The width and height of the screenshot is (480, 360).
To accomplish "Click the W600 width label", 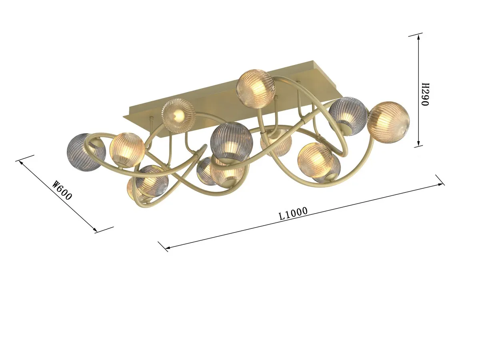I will pos(62,190).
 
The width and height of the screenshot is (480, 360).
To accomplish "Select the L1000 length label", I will pos(293,213).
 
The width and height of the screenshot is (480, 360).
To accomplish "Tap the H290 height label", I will pos(425,94).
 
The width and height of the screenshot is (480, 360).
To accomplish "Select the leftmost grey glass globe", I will pos(86,152).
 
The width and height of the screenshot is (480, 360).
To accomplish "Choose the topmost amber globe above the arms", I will pos(256,88).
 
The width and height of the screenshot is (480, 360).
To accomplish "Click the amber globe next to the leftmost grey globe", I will pos(127,149).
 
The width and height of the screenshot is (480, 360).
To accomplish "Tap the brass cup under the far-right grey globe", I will pos(347,128).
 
